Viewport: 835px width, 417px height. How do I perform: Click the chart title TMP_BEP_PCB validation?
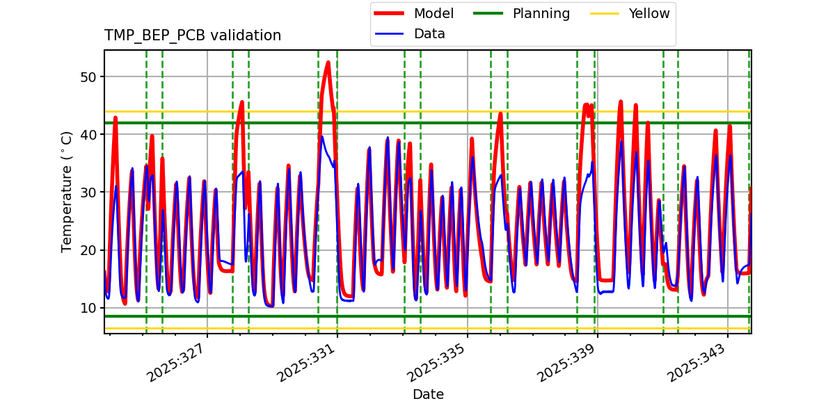(x=193, y=35)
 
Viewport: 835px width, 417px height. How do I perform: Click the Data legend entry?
(x=429, y=34)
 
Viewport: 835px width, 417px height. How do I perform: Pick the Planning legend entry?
(x=541, y=14)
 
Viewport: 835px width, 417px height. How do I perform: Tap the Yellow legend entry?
(x=649, y=14)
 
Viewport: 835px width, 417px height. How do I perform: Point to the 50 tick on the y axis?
(x=88, y=76)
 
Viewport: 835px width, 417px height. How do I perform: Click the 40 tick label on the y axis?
(x=88, y=134)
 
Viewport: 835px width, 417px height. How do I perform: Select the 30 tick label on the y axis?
(x=88, y=192)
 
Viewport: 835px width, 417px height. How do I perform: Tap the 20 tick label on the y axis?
(x=88, y=250)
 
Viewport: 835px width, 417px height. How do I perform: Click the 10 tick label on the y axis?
(x=88, y=308)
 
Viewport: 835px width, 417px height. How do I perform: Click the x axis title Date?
(x=428, y=395)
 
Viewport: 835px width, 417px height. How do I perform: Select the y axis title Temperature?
(x=67, y=192)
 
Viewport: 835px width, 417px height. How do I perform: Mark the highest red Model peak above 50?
(x=328, y=63)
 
